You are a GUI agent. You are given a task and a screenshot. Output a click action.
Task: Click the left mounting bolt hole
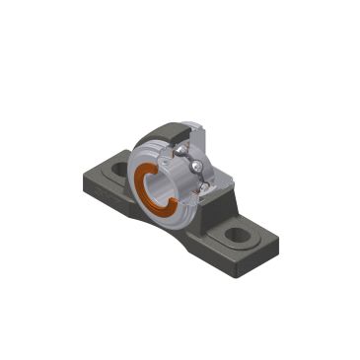pyautogui.click(x=122, y=170)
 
